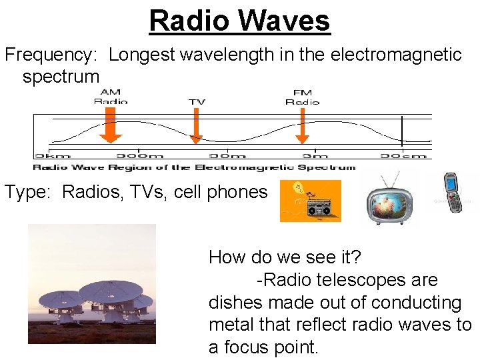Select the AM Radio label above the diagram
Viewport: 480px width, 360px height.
(111, 96)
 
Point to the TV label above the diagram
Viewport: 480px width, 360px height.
(197, 102)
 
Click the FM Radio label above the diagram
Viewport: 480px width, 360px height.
(302, 96)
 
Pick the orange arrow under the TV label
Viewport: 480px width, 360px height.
(195, 127)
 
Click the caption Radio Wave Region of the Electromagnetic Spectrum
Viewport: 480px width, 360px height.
(194, 167)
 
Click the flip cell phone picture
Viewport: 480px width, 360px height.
(453, 193)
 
